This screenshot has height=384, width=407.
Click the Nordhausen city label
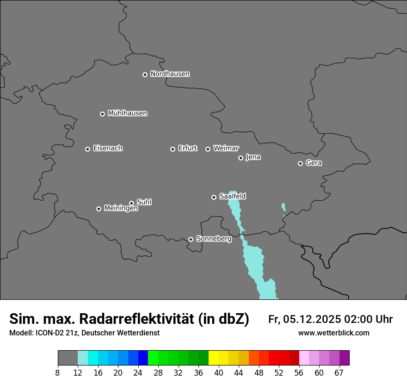(170, 74)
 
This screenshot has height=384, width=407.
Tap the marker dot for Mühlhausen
(102, 114)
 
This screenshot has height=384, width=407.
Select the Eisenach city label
(108, 149)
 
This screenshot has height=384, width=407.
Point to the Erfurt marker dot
(173, 149)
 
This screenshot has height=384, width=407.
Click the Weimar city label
(226, 148)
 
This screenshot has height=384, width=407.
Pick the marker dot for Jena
(240, 158)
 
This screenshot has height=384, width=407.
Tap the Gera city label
(314, 163)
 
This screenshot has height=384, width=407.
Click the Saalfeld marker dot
(214, 197)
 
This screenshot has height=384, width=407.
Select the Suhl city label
(144, 202)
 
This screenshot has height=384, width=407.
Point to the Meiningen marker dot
(99, 209)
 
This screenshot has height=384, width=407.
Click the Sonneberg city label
(214, 239)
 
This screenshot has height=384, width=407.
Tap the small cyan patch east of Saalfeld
(284, 209)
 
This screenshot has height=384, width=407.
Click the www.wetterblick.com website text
(333, 333)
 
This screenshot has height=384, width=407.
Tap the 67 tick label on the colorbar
(339, 373)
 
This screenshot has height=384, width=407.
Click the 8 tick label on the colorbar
(58, 373)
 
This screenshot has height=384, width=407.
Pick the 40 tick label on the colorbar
(219, 373)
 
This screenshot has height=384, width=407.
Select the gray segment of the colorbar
(68, 358)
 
